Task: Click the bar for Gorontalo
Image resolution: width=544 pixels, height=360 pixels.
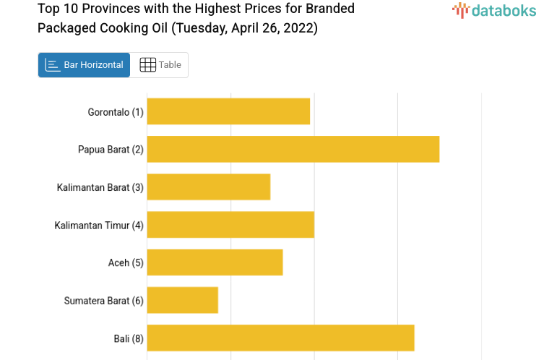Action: pos(228,111)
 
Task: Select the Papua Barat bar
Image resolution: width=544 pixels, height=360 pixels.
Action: pos(293,149)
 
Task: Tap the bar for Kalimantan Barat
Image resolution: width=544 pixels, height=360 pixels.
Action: pos(208,187)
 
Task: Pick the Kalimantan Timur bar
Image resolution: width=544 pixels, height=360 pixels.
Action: pos(230,224)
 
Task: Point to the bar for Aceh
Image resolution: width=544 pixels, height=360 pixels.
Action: pos(215,262)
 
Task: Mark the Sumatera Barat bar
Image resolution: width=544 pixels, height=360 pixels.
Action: pos(182,300)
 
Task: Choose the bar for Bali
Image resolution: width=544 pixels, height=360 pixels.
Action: pos(280,338)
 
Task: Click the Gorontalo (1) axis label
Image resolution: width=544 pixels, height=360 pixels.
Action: pos(116,112)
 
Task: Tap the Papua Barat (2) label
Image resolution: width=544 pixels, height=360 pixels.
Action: pos(111,150)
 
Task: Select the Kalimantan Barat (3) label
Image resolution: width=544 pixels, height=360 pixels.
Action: pos(100,187)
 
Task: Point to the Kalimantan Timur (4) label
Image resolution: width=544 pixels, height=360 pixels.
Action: pos(99,225)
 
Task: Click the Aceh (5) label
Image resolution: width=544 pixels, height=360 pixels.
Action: pos(126,262)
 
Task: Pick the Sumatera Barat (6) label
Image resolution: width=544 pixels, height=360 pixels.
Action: pos(104,300)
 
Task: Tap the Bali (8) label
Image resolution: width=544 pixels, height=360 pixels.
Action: pos(129,338)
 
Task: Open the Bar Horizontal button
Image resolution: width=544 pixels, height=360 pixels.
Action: pos(84,65)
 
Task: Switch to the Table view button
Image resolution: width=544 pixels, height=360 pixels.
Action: pos(160,65)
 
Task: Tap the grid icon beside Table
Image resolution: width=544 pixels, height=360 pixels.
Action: pos(147,65)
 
